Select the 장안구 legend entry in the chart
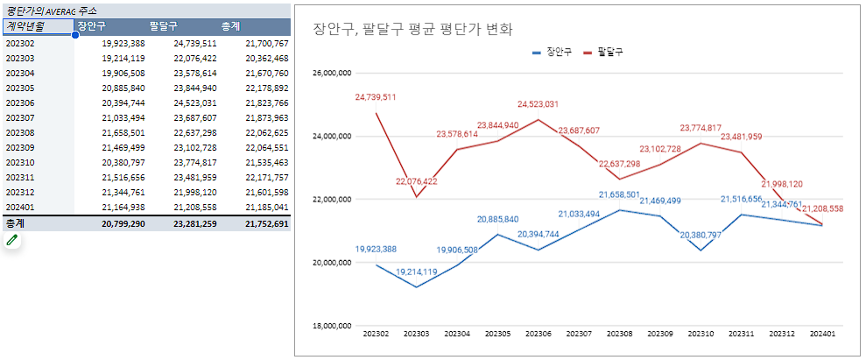coord(553,53)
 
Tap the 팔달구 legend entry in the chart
coord(609,53)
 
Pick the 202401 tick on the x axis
coord(822,334)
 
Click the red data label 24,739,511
coord(376,97)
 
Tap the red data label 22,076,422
coord(416,181)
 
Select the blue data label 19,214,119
coord(416,272)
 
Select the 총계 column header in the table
coord(231,26)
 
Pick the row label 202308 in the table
coord(20,132)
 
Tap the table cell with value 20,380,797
coord(123,162)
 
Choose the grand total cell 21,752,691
coord(266,224)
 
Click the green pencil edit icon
coord(11,241)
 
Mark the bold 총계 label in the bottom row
coord(16,224)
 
